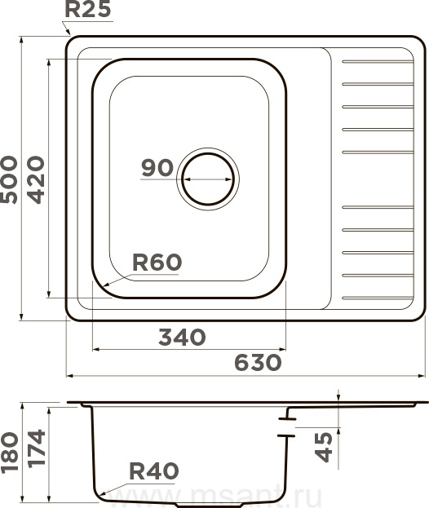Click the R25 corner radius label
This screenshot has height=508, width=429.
point(88,9)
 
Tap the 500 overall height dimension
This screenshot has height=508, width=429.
point(9,180)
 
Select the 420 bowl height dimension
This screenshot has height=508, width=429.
point(36,180)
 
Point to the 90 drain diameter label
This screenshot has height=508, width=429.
point(157,168)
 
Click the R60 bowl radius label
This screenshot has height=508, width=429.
point(157,263)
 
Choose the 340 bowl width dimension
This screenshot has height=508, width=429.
point(182,337)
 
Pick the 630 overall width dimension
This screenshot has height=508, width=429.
point(258,362)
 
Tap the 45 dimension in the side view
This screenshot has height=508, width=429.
point(324,447)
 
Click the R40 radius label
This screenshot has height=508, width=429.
point(154,470)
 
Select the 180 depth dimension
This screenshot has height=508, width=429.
point(9,453)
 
